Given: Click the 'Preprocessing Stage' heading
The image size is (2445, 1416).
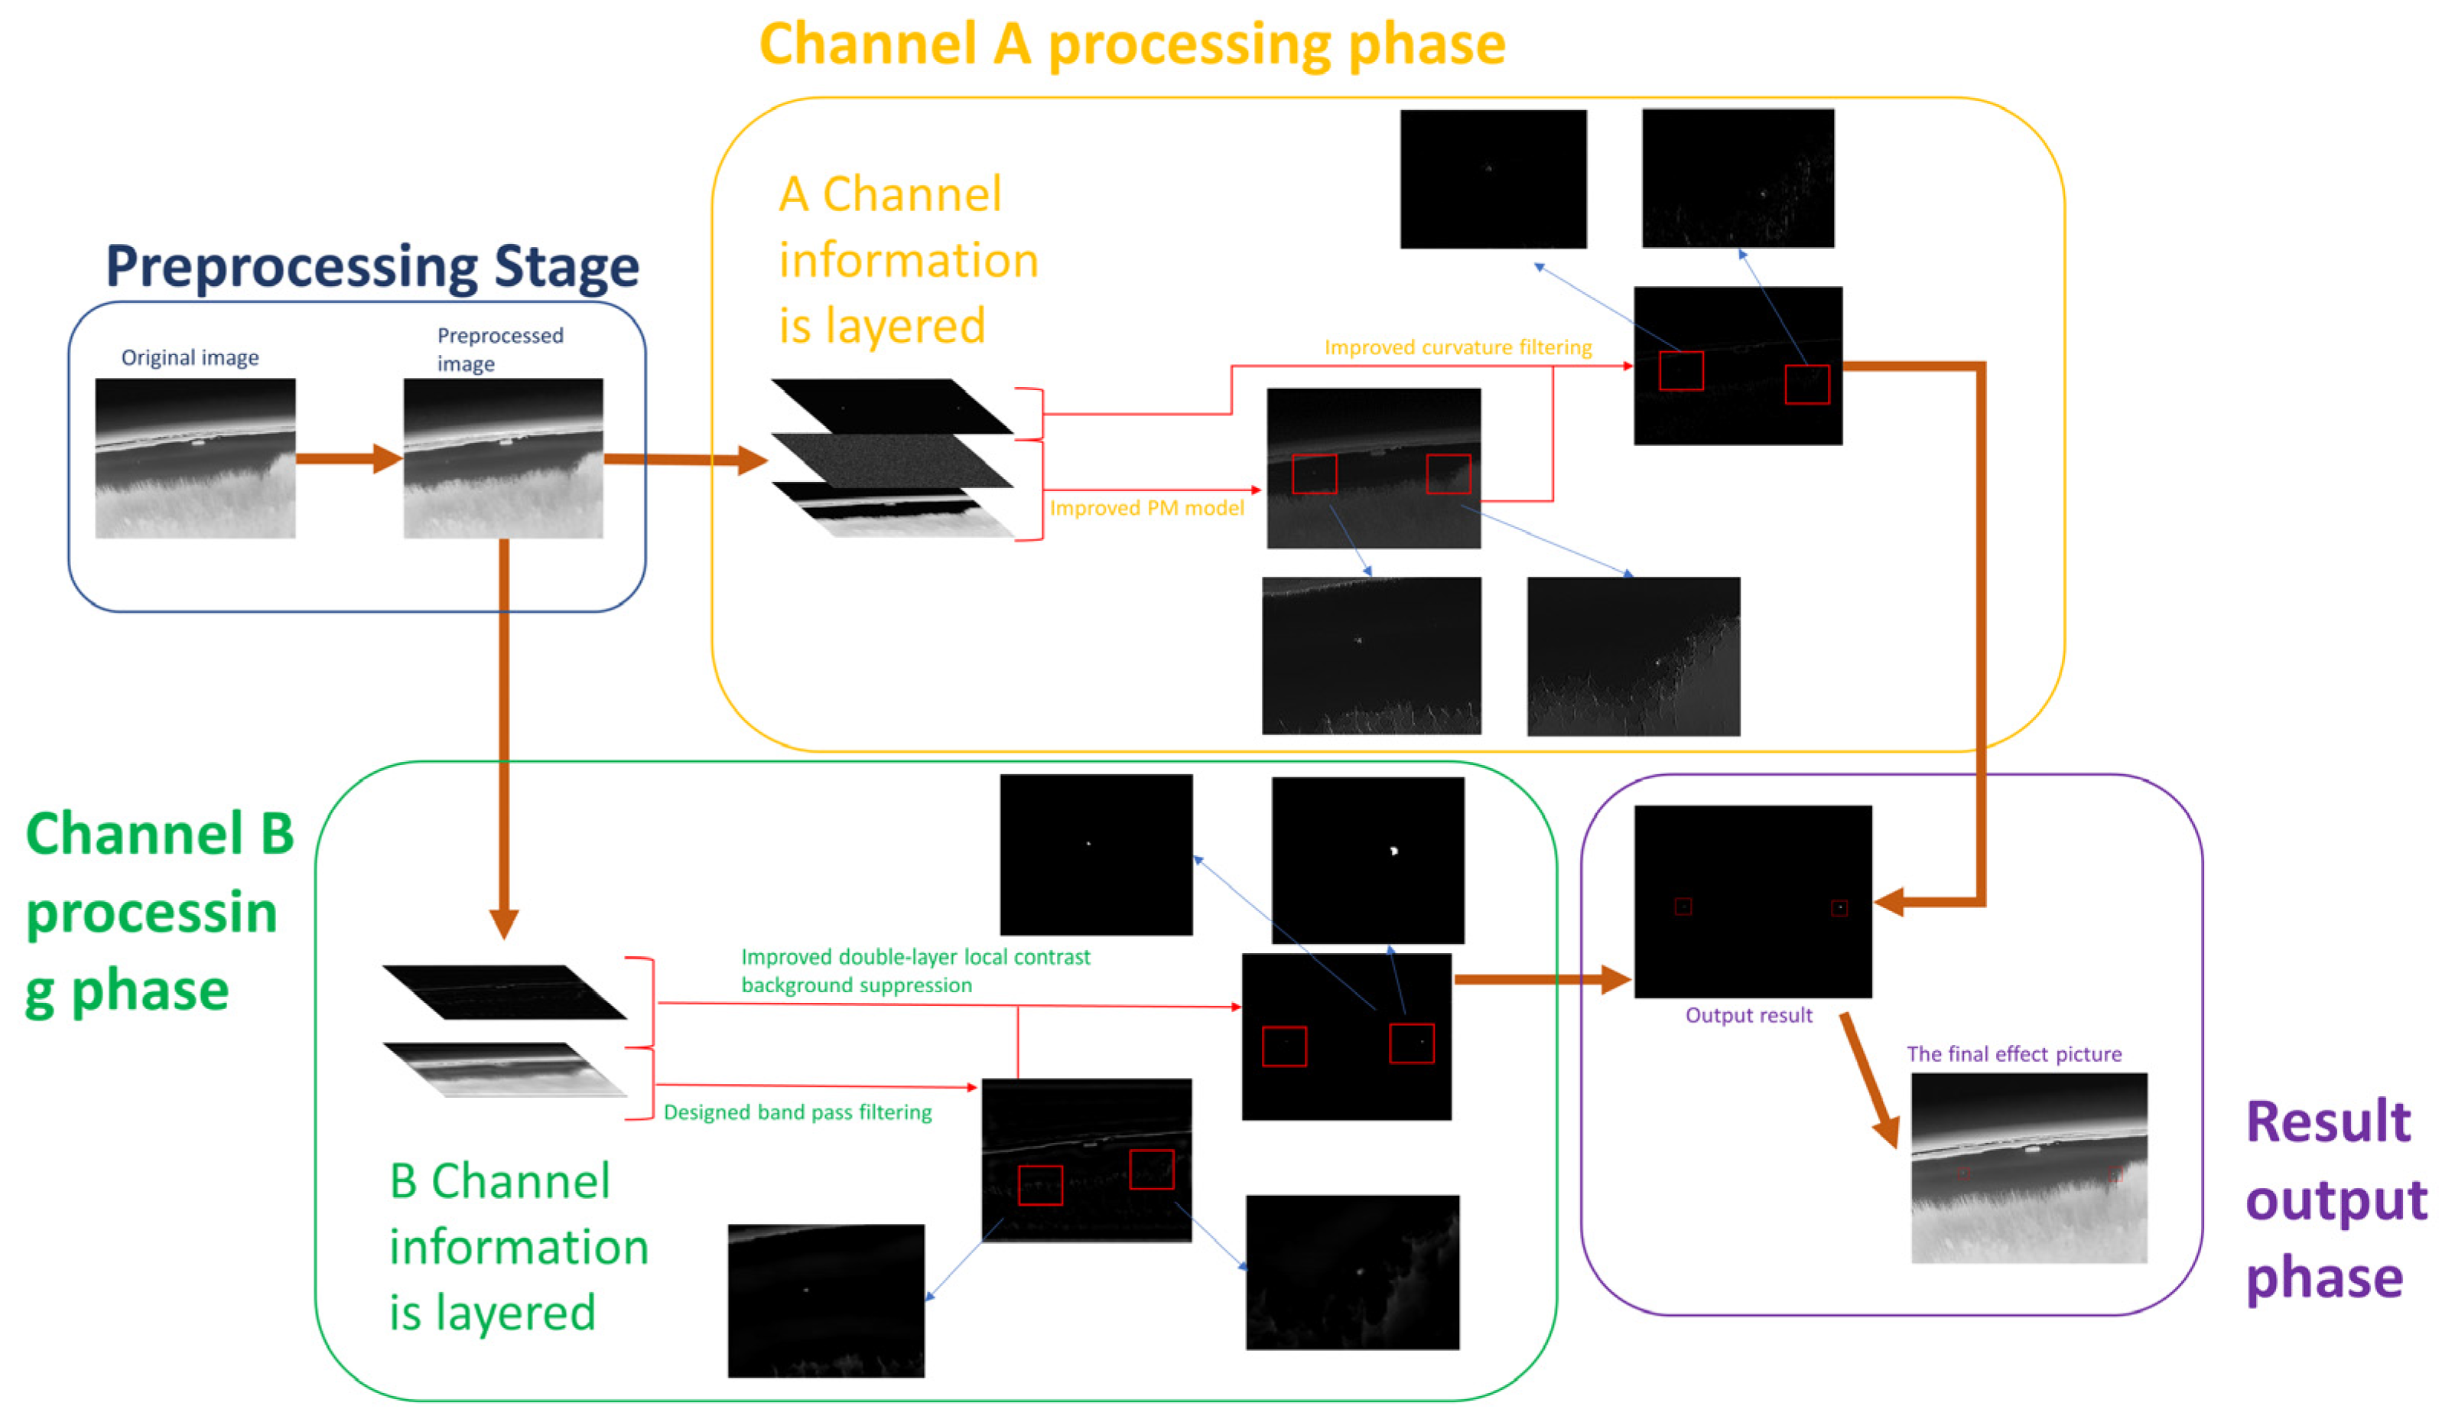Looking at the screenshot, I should click(x=372, y=267).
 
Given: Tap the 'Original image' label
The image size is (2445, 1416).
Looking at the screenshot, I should click(x=190, y=357).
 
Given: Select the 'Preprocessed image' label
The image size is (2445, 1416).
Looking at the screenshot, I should click(x=499, y=348).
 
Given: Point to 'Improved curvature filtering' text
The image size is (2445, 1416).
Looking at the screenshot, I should click(x=1458, y=347).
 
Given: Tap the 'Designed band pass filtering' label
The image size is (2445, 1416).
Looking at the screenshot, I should click(x=797, y=1112).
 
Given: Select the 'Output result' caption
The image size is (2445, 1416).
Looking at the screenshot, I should click(x=1748, y=1015).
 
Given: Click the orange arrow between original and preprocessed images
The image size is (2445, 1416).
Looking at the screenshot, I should click(x=347, y=458).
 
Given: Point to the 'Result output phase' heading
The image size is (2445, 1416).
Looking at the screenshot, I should click(x=2333, y=1200).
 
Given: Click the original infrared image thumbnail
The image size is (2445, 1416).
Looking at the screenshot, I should click(x=195, y=458).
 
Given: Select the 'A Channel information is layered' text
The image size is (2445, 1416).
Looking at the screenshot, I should click(x=907, y=260).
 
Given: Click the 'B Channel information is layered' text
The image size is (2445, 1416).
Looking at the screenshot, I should click(x=517, y=1247).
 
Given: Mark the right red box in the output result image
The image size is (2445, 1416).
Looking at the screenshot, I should click(x=1839, y=908).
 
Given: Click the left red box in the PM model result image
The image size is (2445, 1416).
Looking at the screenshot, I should click(x=1314, y=474).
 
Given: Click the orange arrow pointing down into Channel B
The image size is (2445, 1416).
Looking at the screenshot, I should click(x=503, y=737).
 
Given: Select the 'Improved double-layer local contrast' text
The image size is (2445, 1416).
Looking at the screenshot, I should click(x=914, y=957).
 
